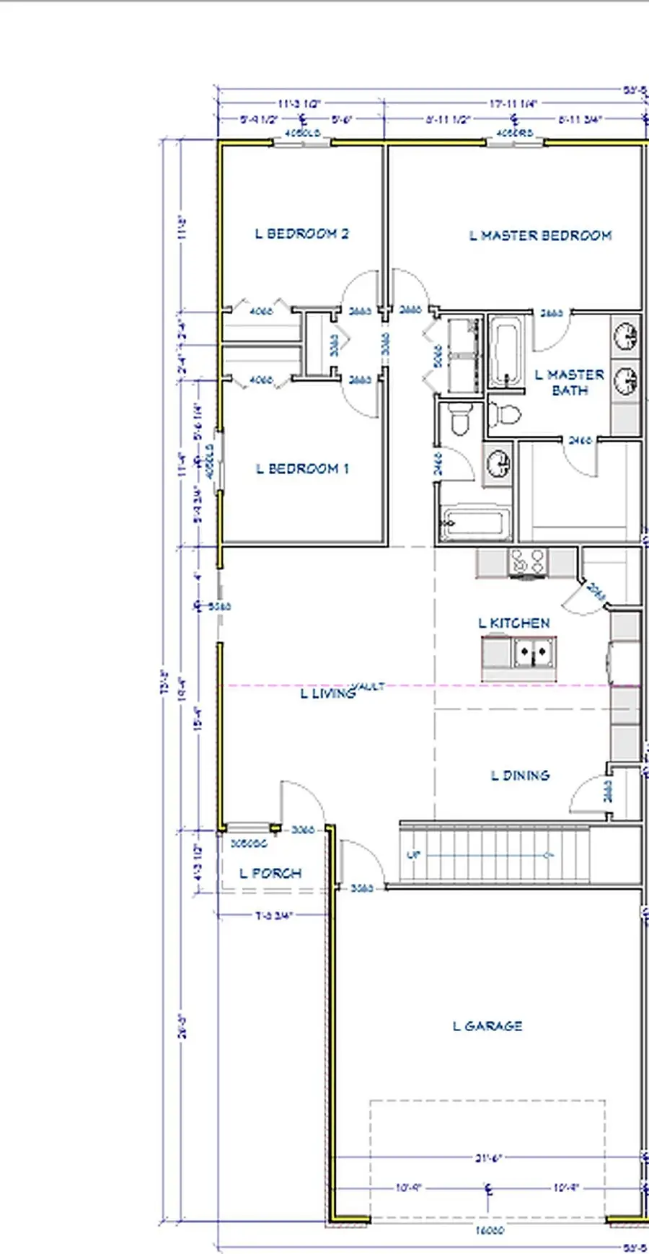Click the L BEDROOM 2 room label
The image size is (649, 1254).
(x=302, y=234)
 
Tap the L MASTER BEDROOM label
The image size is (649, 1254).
(x=540, y=236)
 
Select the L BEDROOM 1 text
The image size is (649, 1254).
(x=303, y=469)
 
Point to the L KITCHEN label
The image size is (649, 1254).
(x=514, y=623)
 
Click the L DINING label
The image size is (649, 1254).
(x=520, y=776)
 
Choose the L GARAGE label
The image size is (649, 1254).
(x=487, y=1026)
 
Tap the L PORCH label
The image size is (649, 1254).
(x=270, y=874)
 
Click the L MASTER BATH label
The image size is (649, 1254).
(x=570, y=382)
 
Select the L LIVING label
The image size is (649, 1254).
(x=328, y=694)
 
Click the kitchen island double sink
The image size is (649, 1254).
(x=534, y=654)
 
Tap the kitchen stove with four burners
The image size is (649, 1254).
(x=527, y=562)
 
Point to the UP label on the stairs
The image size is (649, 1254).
(x=413, y=856)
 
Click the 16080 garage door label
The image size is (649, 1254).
(x=490, y=1231)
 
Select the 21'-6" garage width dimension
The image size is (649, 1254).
(x=488, y=1158)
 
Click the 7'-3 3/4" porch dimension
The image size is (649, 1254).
(x=274, y=916)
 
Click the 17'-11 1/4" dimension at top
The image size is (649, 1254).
(x=513, y=104)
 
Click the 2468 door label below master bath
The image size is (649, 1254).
(x=580, y=440)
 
